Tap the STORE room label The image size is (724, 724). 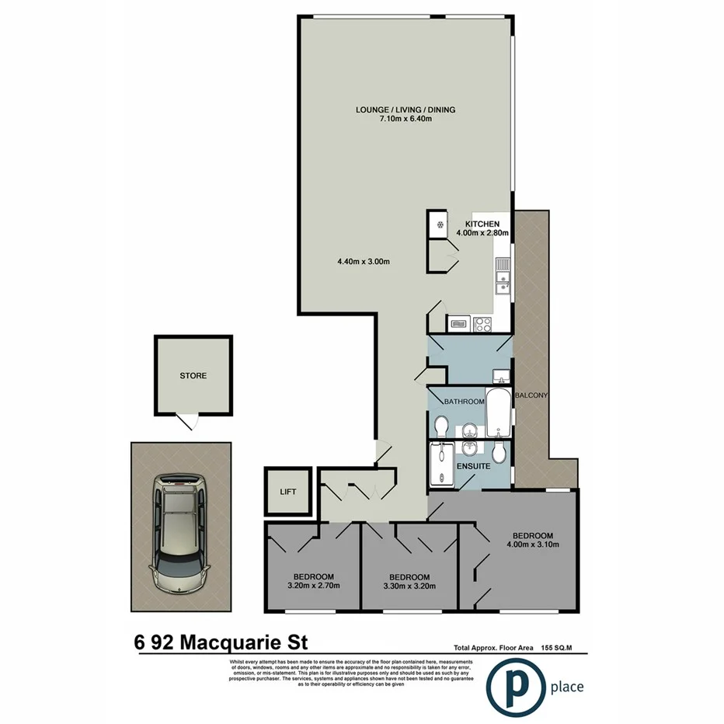click(193, 376)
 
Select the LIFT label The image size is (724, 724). click(287, 492)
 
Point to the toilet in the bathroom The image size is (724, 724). click(441, 426)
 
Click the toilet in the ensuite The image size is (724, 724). click(498, 452)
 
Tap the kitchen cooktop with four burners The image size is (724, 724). click(484, 322)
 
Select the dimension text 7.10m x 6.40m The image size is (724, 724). click(405, 120)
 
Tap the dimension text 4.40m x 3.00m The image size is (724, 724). click(364, 262)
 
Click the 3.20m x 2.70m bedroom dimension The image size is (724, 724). click(313, 586)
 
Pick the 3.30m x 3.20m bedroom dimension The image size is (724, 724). click(409, 587)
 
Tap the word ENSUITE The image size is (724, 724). click(474, 467)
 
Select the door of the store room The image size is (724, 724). click(186, 423)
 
